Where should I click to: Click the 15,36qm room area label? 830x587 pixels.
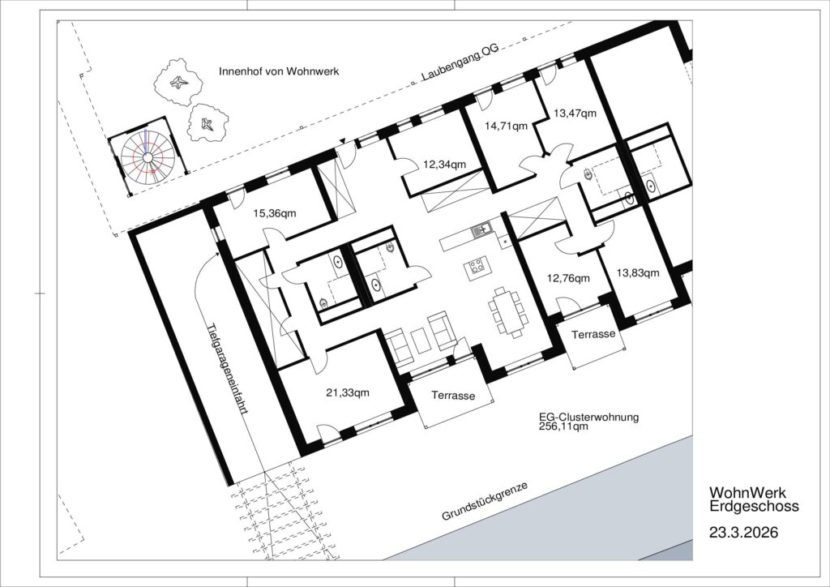tap(275, 214)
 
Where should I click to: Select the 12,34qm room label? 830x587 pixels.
tap(445, 165)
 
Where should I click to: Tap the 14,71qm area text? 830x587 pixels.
tap(507, 126)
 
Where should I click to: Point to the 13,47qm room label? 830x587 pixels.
tap(575, 114)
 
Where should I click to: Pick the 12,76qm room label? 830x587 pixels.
tap(568, 278)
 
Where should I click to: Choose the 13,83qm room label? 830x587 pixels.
tap(638, 273)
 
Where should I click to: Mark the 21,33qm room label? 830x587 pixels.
tap(348, 392)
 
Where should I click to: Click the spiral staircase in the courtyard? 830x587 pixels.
tap(148, 157)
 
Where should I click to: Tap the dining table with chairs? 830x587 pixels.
tap(508, 312)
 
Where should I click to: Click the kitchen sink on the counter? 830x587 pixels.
tap(481, 230)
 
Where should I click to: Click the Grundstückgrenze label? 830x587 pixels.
tap(485, 502)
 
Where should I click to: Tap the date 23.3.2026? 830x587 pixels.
tap(744, 532)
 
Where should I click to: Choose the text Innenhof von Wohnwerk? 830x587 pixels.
tap(279, 71)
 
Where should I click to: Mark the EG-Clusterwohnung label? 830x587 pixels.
tap(588, 417)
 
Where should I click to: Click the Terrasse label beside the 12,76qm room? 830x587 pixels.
tap(593, 334)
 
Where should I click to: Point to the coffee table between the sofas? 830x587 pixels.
tap(421, 341)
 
